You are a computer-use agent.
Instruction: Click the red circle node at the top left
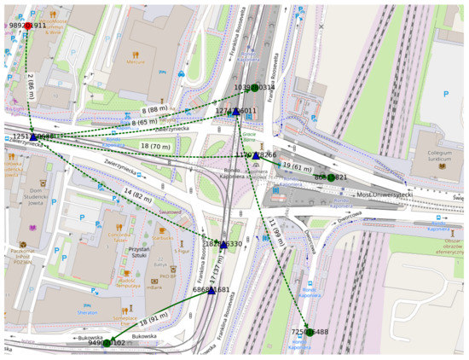[28, 26]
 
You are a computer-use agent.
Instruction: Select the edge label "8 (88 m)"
[154, 110]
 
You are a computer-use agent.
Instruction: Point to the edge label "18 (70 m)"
[155, 147]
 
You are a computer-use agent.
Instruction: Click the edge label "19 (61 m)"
[298, 165]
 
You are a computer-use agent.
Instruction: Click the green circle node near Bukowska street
[107, 343]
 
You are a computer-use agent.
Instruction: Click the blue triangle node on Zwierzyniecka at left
[32, 136]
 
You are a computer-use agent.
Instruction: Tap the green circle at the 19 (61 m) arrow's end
[331, 177]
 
